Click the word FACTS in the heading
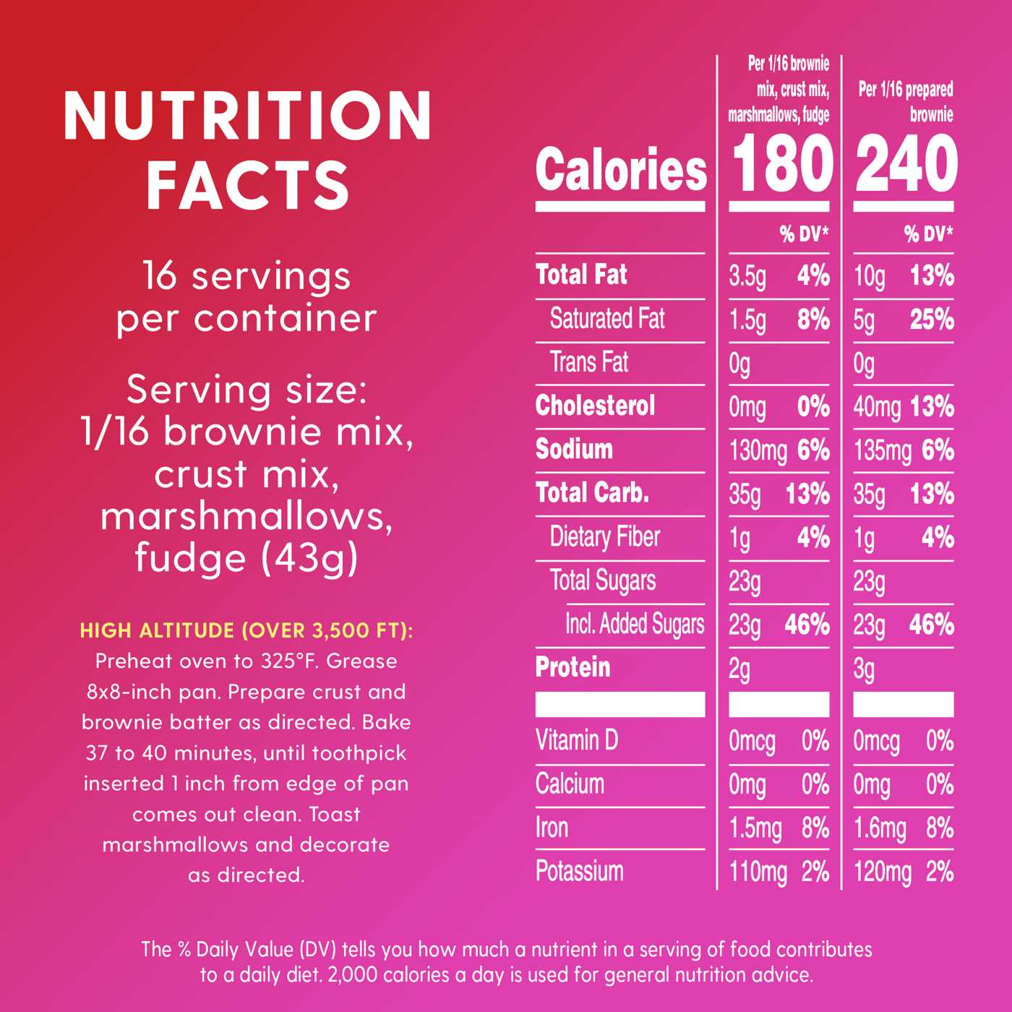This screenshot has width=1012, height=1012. click(x=248, y=184)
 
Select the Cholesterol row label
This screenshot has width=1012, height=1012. click(x=595, y=406)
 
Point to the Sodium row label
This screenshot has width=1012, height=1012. click(x=574, y=449)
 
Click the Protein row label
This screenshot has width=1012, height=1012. click(x=573, y=667)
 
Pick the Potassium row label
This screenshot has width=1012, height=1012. click(x=579, y=871)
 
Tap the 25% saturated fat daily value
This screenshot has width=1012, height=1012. click(x=932, y=320)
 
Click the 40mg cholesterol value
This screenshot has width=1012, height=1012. click(x=876, y=407)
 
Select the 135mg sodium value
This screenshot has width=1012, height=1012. click(x=882, y=451)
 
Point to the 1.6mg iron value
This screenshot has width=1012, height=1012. click(x=879, y=828)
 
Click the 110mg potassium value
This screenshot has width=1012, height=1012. click(x=758, y=872)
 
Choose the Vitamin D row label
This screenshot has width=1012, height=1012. click(x=576, y=740)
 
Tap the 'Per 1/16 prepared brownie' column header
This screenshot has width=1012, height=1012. click(x=906, y=101)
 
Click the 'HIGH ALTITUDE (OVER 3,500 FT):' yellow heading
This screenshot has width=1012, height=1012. click(x=246, y=630)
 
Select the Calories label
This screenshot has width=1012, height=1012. click(x=621, y=169)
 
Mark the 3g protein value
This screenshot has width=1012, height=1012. click(x=864, y=669)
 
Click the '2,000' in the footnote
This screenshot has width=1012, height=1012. click(x=353, y=974)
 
